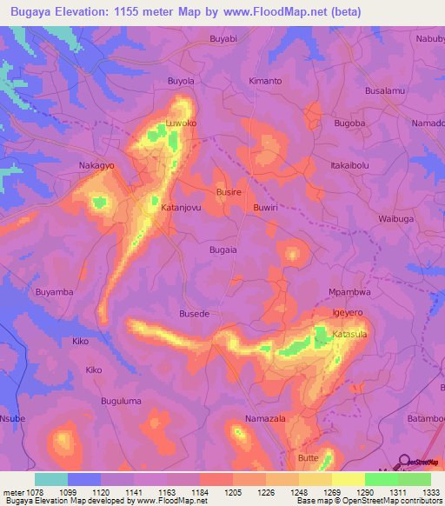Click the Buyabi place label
(223, 39)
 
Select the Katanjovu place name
(182, 208)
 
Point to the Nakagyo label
(96, 164)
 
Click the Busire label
(228, 191)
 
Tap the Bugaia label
(223, 249)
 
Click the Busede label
(194, 313)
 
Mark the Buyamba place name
(54, 292)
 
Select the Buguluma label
(121, 401)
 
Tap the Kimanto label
(265, 81)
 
